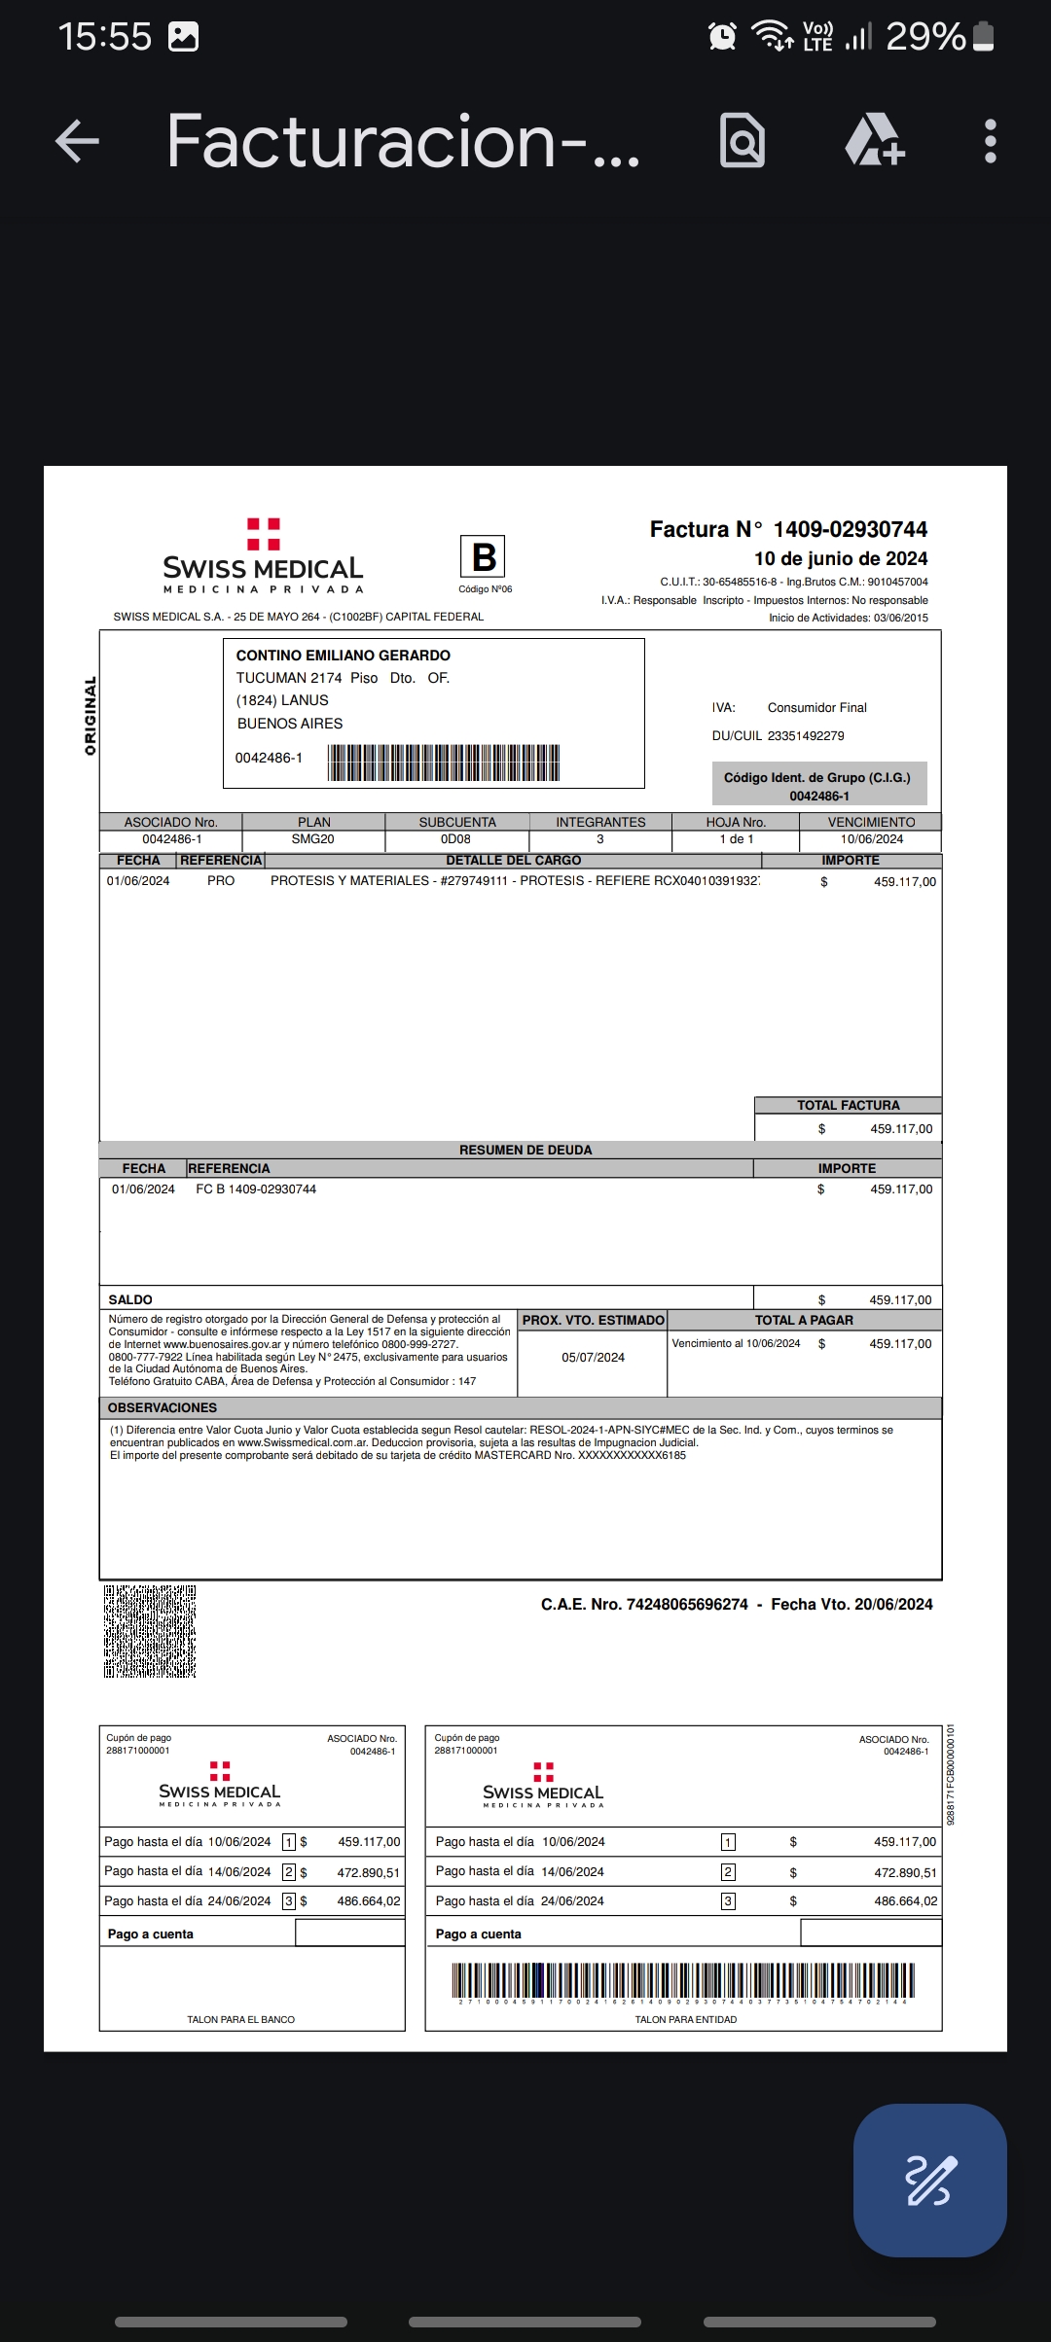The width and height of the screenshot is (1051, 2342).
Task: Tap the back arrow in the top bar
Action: [x=78, y=141]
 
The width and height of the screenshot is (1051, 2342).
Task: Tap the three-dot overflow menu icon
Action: [x=990, y=141]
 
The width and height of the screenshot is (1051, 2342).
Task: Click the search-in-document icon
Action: [x=742, y=141]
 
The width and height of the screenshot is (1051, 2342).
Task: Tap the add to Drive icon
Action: [x=874, y=141]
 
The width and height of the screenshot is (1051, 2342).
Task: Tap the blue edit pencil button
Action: [x=929, y=2180]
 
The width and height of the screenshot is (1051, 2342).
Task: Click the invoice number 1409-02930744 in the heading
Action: [x=850, y=529]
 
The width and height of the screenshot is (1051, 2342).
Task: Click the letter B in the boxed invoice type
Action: [x=484, y=557]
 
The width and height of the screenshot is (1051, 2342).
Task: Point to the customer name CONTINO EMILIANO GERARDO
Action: [x=344, y=656]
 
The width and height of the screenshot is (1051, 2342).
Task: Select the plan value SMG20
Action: [x=312, y=839]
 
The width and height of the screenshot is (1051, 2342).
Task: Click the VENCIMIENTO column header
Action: [x=871, y=822]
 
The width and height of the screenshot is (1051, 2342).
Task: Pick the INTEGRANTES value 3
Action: [x=600, y=839]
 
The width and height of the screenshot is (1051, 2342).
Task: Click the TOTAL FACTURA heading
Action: [x=848, y=1105]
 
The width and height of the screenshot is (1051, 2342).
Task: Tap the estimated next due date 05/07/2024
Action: [x=593, y=1358]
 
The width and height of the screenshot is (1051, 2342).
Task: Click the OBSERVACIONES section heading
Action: [x=163, y=1407]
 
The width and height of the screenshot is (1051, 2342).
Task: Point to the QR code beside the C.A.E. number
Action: [x=150, y=1631]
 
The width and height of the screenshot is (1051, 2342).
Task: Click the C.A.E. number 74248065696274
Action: [x=687, y=1604]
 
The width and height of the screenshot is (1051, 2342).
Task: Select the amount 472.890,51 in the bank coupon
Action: [x=368, y=1872]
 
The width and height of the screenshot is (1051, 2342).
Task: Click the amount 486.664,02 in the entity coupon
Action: [x=905, y=1901]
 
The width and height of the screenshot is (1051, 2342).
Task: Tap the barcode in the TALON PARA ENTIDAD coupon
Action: [x=682, y=1979]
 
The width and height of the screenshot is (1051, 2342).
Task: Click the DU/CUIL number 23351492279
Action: [x=806, y=736]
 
